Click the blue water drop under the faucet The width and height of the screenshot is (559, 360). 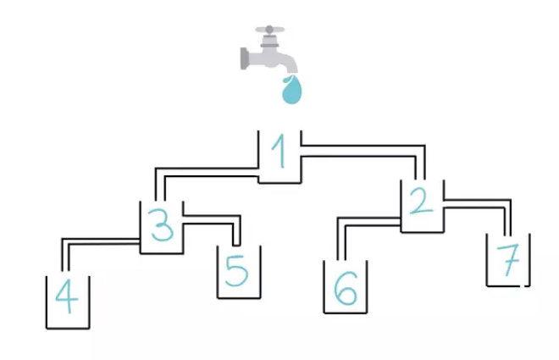click(x=291, y=90)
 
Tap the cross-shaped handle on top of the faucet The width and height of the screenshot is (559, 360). click(x=270, y=30)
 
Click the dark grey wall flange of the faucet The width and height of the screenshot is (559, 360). click(x=244, y=58)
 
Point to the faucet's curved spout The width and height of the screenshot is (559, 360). click(x=289, y=64)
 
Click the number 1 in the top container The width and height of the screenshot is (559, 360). click(x=279, y=151)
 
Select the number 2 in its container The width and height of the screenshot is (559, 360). click(x=422, y=201)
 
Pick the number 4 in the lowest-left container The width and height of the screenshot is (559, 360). click(x=67, y=296)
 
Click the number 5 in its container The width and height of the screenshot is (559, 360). click(x=236, y=271)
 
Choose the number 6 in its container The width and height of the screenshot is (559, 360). click(x=346, y=288)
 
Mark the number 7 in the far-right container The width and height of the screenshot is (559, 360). click(x=508, y=261)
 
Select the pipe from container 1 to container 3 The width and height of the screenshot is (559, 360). click(x=207, y=172)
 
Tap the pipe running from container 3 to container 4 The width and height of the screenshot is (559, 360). click(x=101, y=241)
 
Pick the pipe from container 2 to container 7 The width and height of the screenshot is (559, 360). click(x=478, y=203)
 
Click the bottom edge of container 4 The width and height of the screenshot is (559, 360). click(x=68, y=328)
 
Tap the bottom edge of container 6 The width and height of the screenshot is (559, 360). click(x=345, y=313)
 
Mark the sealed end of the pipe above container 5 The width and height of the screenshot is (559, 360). click(x=236, y=246)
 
